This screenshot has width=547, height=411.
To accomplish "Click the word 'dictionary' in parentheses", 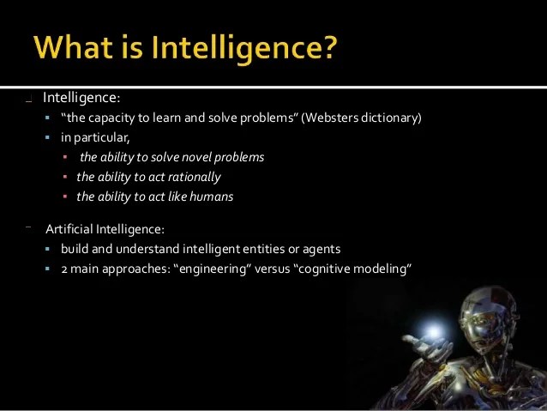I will coord(390,118).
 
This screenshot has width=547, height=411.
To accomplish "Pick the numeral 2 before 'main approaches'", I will coord(64,269).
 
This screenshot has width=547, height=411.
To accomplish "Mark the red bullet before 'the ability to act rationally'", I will coord(65,178).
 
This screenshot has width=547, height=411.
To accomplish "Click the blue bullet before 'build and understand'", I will coord(49,250).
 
